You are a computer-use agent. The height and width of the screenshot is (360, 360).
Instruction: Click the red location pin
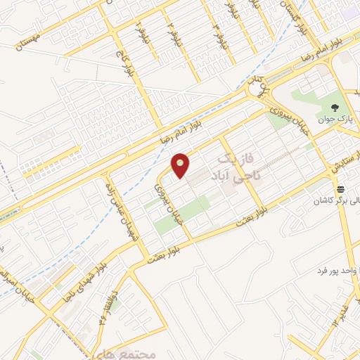181,165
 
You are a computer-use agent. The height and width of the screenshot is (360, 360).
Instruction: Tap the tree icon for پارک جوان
335,108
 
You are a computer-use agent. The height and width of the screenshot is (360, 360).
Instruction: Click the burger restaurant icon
341,189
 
